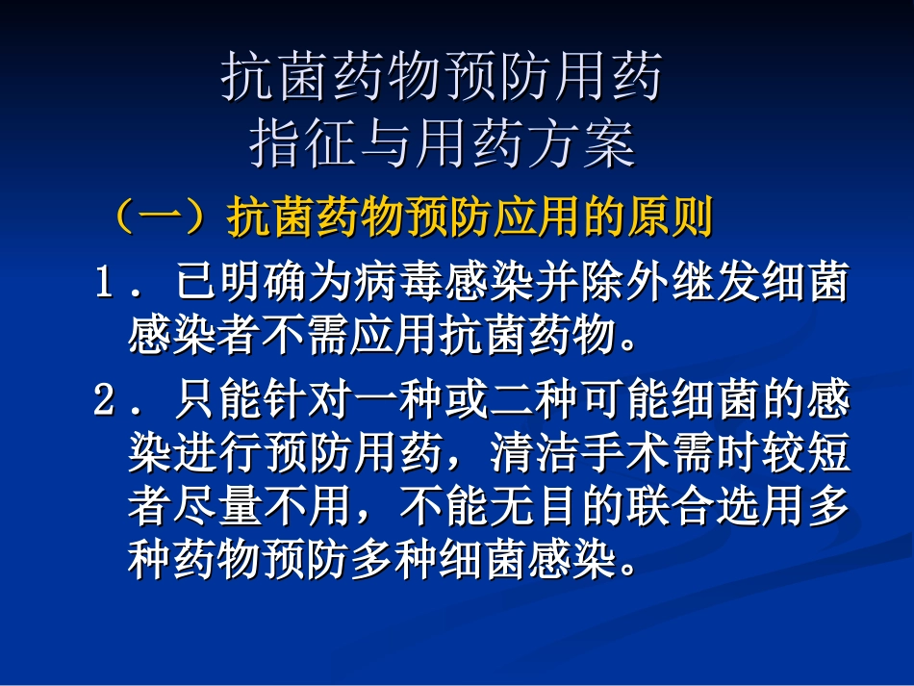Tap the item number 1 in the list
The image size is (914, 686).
click(105, 285)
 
